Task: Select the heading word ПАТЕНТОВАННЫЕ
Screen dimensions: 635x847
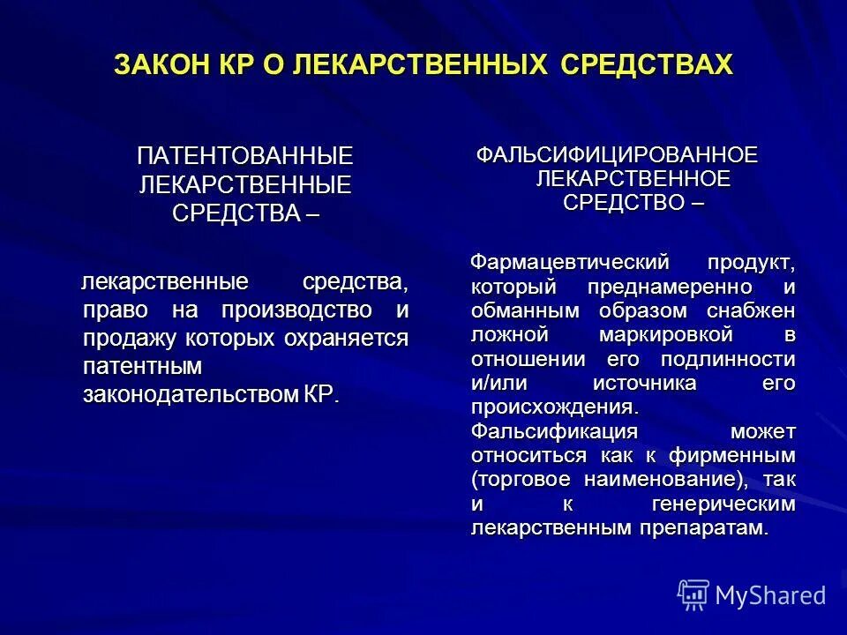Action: pyautogui.click(x=245, y=156)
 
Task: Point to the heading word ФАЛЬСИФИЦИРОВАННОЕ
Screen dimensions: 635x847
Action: pyautogui.click(x=617, y=155)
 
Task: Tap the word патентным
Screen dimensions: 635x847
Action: pyautogui.click(x=142, y=366)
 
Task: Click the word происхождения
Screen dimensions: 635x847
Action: pyautogui.click(x=553, y=407)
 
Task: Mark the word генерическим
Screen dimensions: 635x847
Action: pyautogui.click(x=726, y=504)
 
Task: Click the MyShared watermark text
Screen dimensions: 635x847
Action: pyautogui.click(x=771, y=595)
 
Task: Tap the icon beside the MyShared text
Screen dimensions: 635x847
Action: pyautogui.click(x=693, y=595)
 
